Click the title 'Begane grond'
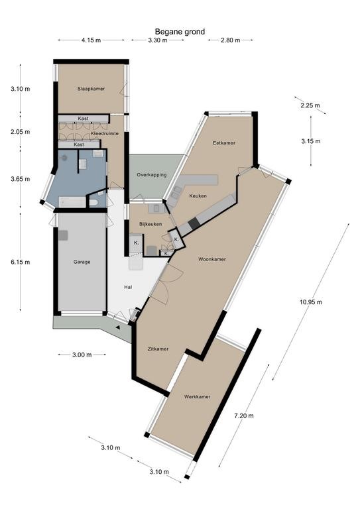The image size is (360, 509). point(180,32)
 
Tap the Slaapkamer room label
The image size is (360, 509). point(91,89)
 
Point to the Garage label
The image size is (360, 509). point(82,262)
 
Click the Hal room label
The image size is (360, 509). point(128,287)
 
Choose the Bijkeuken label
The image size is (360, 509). point(150,224)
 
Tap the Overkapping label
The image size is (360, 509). point(152,175)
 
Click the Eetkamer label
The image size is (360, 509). point(224,143)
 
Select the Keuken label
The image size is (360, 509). point(198,196)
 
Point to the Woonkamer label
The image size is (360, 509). point(212,259)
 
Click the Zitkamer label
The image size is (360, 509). point(158,349)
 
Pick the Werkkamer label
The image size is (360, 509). point(197,397)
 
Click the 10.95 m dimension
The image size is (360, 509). point(311,302)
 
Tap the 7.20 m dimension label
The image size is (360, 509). point(245,416)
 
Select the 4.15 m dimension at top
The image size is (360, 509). point(91,40)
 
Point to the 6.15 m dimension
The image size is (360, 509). point(20,262)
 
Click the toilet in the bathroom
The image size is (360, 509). point(93,203)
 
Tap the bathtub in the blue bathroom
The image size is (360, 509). point(72,202)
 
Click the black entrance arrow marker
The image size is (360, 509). point(117,327)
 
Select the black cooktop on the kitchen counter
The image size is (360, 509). point(194,223)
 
